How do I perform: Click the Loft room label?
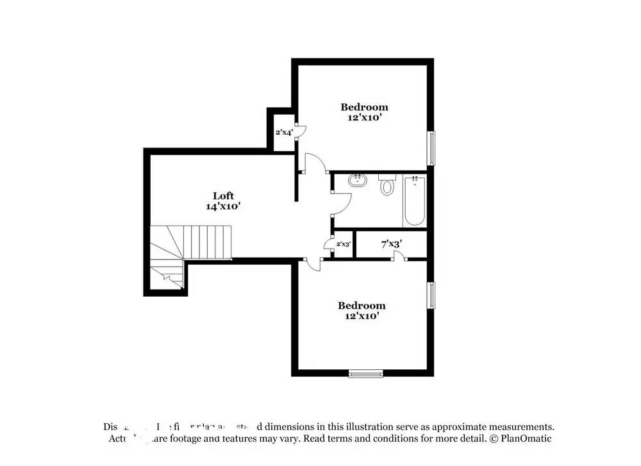coord(223,196)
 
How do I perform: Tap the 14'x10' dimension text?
coord(223,206)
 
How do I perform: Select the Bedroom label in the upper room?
coord(364,107)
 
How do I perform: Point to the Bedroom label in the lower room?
coord(362,306)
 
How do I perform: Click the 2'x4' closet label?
coord(284,133)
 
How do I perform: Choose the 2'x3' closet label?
coord(344,244)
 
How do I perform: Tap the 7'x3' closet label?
coord(391,244)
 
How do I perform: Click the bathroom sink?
coord(357,181)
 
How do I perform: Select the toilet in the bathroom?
coord(387,186)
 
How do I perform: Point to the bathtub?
coord(415,201)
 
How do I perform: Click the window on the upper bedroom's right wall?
coord(431,148)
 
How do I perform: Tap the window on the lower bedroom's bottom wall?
coord(366,372)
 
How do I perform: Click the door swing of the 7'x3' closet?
coord(399,255)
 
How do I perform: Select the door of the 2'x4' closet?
coord(299,130)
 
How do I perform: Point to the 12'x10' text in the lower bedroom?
coord(362,316)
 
